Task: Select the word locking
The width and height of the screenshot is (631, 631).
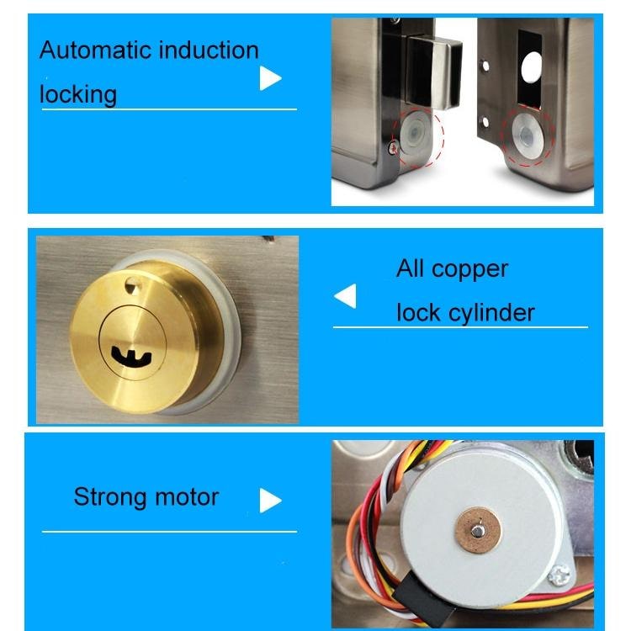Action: click(x=77, y=94)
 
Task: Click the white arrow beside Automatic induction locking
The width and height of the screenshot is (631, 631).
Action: click(x=270, y=78)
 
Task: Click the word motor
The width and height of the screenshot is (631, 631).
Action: click(x=186, y=496)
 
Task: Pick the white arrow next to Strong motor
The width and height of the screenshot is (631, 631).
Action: click(x=270, y=501)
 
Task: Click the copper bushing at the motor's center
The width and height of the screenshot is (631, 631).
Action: click(x=477, y=529)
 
